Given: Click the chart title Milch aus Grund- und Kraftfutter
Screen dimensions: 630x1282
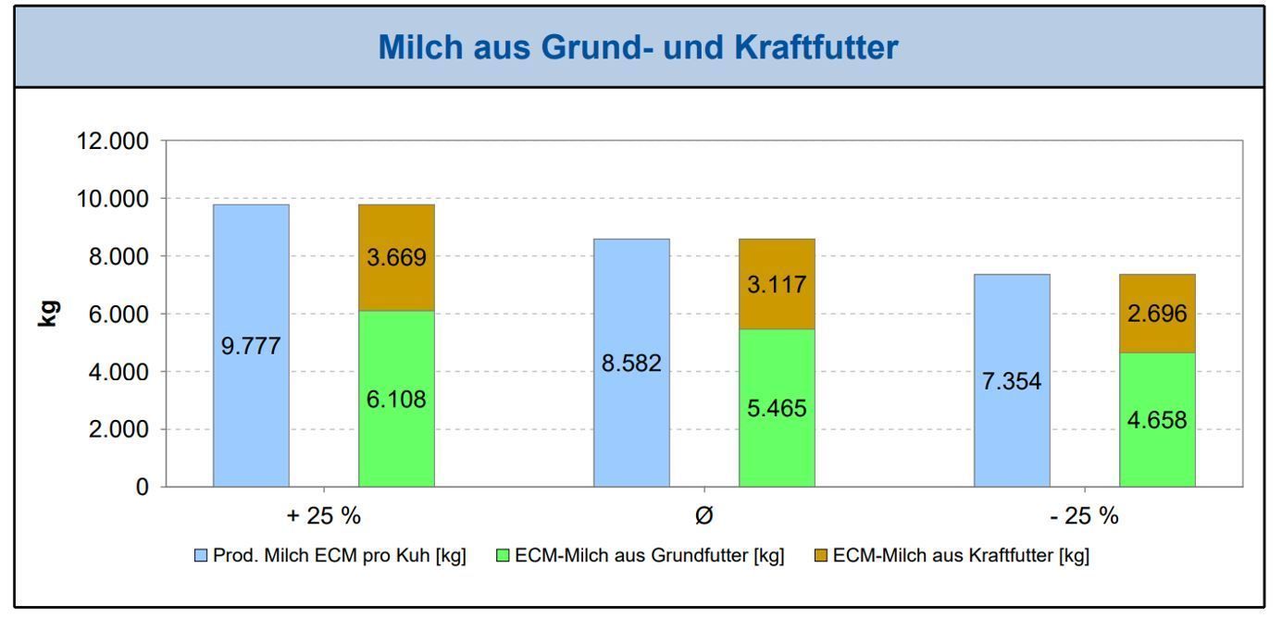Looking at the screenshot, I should point(638,48).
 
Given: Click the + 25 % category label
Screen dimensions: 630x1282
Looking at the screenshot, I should point(323,516).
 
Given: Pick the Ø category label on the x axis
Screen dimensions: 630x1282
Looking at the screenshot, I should point(703,516).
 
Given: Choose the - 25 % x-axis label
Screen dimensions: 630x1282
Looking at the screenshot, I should point(1084,516).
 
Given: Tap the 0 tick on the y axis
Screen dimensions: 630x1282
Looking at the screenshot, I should point(142,488).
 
